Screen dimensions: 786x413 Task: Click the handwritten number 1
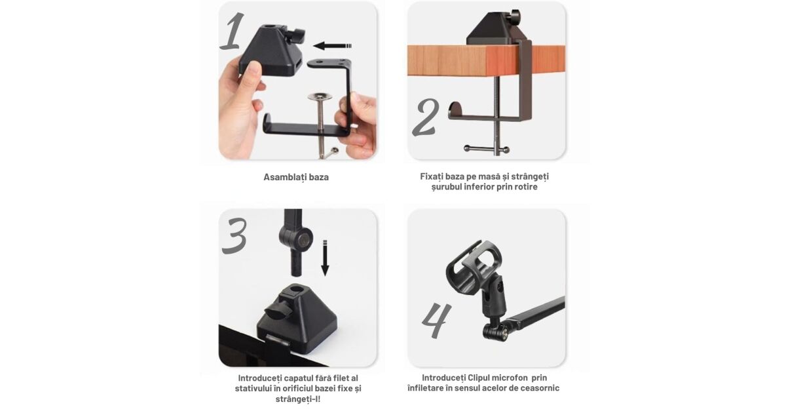coord(233,31)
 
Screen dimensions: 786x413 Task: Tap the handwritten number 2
coord(426,117)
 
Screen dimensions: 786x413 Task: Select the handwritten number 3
coord(234,235)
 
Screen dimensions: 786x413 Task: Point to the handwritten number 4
coord(436,321)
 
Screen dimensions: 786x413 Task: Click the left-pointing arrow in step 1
coord(332,46)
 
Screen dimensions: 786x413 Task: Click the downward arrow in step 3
coord(326,258)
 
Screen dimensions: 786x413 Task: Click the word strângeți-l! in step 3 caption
coord(298,399)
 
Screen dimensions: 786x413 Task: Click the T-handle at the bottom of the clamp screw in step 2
coord(486,149)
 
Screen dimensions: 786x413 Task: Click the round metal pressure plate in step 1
coord(320,96)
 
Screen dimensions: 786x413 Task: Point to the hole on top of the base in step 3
coord(295,290)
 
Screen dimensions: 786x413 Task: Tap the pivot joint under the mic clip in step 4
coord(495,330)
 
